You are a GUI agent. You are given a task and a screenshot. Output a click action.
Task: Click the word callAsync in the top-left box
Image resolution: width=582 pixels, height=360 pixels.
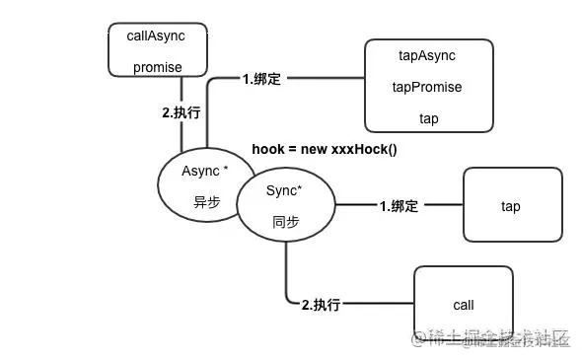click(x=156, y=36)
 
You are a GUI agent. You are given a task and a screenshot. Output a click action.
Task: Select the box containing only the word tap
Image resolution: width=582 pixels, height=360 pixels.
click(x=510, y=206)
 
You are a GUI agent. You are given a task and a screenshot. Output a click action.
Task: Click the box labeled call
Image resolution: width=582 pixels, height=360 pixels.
click(x=463, y=306)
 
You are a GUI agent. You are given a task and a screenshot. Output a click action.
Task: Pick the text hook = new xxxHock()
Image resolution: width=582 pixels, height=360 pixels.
click(x=325, y=148)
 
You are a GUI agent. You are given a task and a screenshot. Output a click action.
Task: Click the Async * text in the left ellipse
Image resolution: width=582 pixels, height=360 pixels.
click(x=206, y=171)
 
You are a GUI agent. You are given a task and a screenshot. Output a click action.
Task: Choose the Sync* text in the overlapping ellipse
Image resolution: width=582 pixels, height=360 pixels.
click(x=285, y=194)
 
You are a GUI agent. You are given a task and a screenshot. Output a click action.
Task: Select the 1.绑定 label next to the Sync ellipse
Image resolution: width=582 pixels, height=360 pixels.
click(x=399, y=206)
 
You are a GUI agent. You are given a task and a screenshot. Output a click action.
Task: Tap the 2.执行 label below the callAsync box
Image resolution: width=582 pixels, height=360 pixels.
click(x=181, y=112)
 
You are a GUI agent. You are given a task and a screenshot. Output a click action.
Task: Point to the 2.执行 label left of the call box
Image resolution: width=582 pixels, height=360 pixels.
click(x=321, y=305)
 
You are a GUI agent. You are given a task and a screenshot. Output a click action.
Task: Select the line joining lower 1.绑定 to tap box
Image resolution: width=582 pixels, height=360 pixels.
click(x=442, y=206)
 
